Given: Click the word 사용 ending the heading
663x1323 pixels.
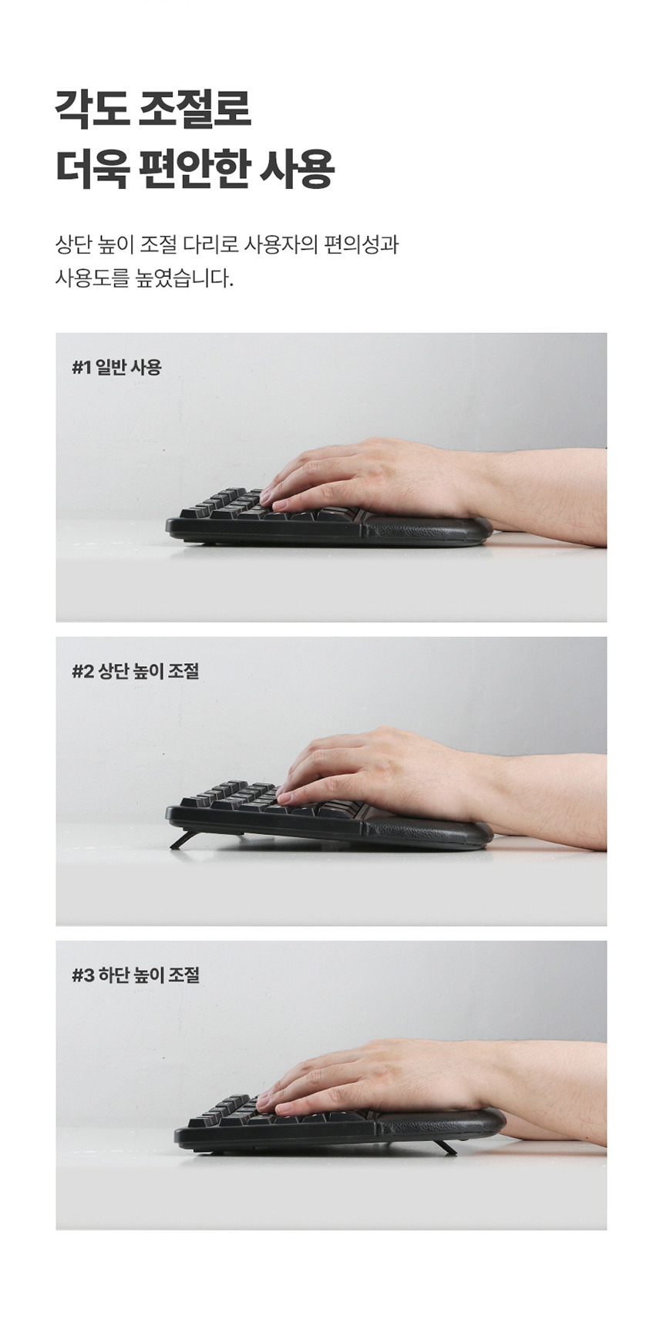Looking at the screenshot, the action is click(296, 169).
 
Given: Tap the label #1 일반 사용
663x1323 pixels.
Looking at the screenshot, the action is click(117, 368).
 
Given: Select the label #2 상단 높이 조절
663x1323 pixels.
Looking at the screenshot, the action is click(136, 672).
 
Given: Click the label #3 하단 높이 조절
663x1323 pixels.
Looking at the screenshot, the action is click(136, 975).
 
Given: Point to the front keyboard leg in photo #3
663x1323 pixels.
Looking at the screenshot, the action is click(444, 1147).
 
